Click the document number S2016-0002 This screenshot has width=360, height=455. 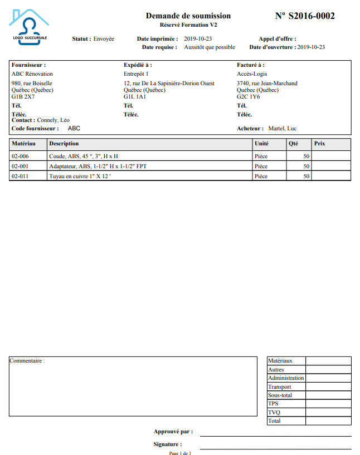tap(305, 16)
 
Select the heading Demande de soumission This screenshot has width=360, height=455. tap(188, 16)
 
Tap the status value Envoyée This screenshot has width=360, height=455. tap(104, 39)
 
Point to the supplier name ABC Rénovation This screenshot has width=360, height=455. tap(32, 74)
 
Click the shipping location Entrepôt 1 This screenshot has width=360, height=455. tap(136, 74)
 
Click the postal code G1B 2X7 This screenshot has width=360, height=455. tap(23, 96)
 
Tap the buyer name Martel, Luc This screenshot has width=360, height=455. tap(283, 128)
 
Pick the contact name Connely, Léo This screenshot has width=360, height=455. tap(53, 120)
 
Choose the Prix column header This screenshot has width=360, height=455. tap(320, 144)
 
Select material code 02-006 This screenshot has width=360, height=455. tap(20, 156)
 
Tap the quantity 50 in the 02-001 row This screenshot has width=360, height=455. tap(306, 167)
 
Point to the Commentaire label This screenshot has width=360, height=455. tap(27, 361)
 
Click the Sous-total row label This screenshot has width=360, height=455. tap(280, 395)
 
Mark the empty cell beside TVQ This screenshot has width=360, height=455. tap(328, 413)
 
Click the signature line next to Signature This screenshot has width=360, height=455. tap(275, 448)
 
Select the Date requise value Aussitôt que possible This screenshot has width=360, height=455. tap(210, 47)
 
